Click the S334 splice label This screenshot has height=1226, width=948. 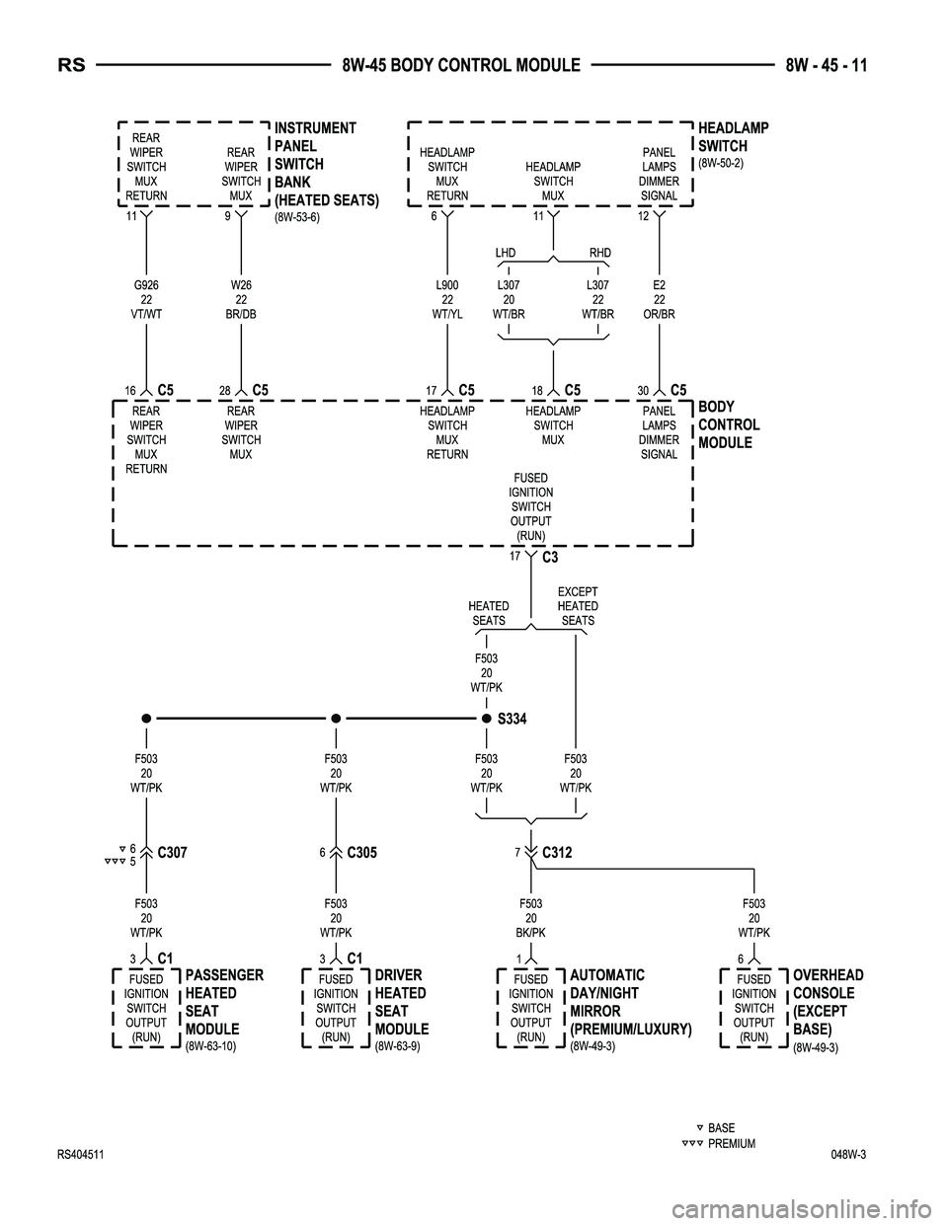point(512,720)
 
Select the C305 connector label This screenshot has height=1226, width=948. point(362,854)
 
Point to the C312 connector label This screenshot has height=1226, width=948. point(557,853)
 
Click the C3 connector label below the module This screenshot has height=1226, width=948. point(551,558)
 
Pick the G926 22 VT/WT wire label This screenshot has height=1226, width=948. point(146,300)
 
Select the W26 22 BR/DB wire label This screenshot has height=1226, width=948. point(241,300)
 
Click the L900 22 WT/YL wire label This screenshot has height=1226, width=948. point(447,300)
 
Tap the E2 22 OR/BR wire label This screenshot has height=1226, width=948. point(659,300)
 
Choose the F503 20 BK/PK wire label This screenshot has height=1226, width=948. point(530,918)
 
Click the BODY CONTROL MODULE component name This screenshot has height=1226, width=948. point(729,425)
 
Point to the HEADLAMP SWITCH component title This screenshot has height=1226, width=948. point(733,137)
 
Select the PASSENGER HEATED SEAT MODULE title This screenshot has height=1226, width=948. point(223,1002)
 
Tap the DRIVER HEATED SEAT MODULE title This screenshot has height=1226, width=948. point(401,1002)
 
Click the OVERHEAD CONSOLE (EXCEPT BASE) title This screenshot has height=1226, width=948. point(828,1002)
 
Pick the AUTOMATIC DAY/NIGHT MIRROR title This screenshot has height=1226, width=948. point(630,1002)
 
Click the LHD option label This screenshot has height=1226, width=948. point(506,254)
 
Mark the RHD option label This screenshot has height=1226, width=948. point(599,254)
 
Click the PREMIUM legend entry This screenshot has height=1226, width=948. point(731,1144)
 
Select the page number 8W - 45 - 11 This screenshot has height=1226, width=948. point(827,66)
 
